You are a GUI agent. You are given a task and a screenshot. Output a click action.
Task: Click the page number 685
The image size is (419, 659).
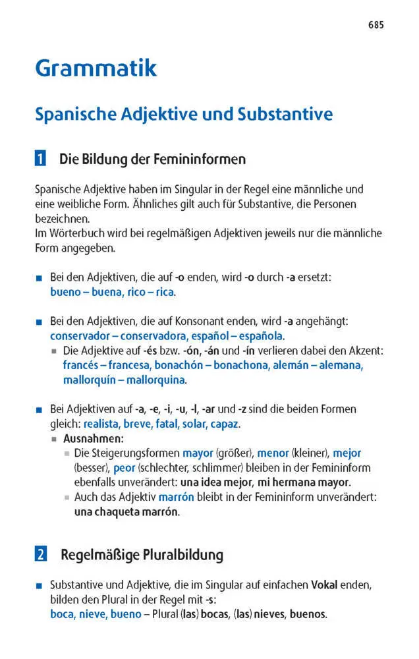pyautogui.click(x=376, y=26)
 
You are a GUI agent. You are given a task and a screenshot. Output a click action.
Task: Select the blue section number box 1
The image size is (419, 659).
pyautogui.click(x=41, y=159)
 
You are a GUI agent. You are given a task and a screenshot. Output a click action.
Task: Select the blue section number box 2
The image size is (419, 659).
pyautogui.click(x=41, y=554)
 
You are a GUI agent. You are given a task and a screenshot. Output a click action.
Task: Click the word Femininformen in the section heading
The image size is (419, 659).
pyautogui.click(x=199, y=159)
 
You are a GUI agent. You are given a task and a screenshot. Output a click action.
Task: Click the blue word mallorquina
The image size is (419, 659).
pyautogui.click(x=154, y=380)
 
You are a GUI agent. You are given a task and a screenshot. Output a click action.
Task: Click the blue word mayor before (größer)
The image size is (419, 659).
pyautogui.click(x=198, y=453)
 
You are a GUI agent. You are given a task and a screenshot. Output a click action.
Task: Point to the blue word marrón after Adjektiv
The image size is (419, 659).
pyautogui.click(x=176, y=497)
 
